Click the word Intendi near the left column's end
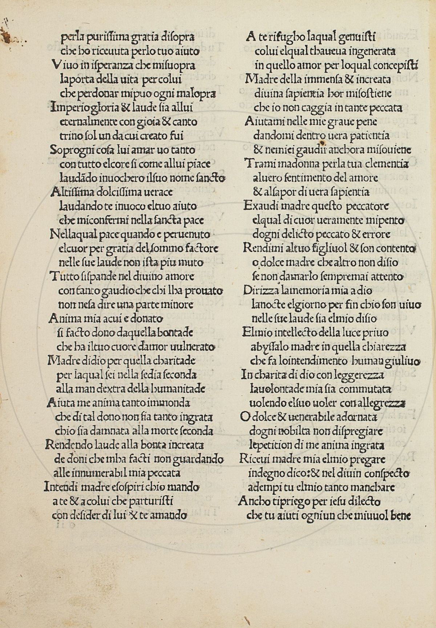coord(61,486)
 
